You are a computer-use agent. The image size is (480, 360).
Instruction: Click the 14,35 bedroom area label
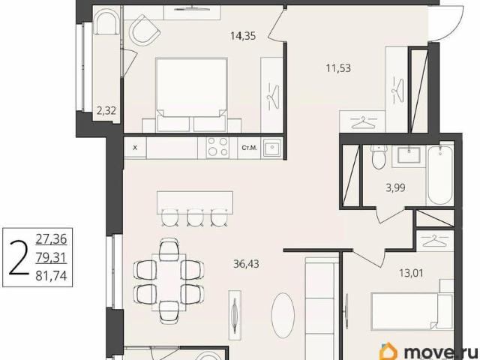pyautogui.click(x=243, y=37)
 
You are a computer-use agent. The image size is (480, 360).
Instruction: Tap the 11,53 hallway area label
pyautogui.click(x=338, y=68)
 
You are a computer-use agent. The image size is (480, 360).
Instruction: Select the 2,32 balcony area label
pyautogui.click(x=106, y=110)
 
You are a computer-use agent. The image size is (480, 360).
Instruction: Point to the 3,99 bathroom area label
pyautogui.click(x=395, y=187)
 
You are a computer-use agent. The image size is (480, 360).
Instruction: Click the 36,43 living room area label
pyautogui.click(x=246, y=263)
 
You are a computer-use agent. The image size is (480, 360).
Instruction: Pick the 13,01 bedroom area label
pyautogui.click(x=411, y=272)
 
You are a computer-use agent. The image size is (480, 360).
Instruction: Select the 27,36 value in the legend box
pyautogui.click(x=51, y=239)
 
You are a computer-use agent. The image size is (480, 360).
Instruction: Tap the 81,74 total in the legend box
pyautogui.click(x=51, y=276)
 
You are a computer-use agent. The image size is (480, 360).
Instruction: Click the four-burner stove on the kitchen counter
pyautogui.click(x=217, y=147)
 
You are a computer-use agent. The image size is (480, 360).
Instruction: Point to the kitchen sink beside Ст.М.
pyautogui.click(x=272, y=148)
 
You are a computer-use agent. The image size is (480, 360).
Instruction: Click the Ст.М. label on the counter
pyautogui.click(x=249, y=148)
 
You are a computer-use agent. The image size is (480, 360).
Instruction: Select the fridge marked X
pyautogui.click(x=135, y=148)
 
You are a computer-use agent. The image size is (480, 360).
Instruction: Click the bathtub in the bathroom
pyautogui.click(x=440, y=175)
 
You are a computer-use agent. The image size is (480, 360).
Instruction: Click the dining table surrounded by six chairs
pyautogui.click(x=169, y=282)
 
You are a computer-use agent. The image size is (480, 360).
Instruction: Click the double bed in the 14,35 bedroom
pyautogui.click(x=191, y=95)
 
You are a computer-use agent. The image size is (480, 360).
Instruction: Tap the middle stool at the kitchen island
pyautogui.click(x=193, y=217)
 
